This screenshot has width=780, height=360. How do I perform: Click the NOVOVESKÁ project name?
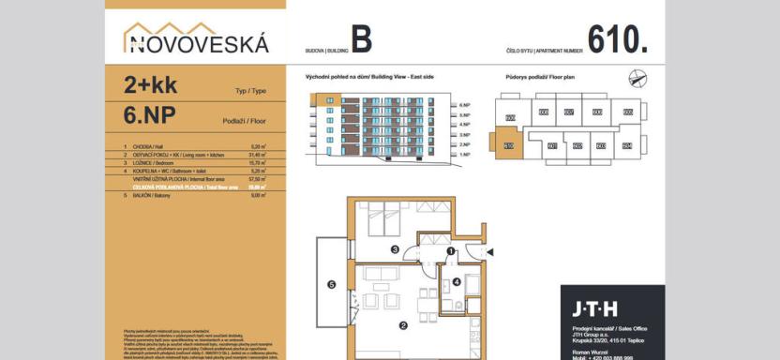coord(197,42)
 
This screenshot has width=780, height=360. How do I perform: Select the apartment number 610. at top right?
coord(618,39)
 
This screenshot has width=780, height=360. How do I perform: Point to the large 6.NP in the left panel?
coord(150,115)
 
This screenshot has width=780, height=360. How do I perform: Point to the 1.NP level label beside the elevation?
coord(464,154)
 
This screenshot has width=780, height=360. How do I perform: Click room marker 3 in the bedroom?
coord(395,249)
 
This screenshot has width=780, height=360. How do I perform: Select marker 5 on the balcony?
coord(331,284)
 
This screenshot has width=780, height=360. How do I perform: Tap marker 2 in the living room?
coord(401,325)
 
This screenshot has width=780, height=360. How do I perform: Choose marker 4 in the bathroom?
coord(457,281)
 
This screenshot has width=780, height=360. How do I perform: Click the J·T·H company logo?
coord(595,307)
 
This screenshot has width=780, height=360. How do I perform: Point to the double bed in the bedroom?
coord(384,221)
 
